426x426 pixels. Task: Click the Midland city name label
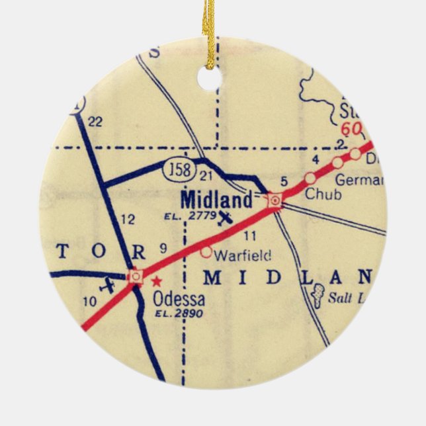point(216,199)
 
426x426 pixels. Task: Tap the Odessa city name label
point(179,300)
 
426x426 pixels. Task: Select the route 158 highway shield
point(179,170)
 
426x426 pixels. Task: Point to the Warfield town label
point(235,253)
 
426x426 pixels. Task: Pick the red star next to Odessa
point(156,280)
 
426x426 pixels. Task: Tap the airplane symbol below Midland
point(226,217)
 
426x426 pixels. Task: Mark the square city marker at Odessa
point(136,276)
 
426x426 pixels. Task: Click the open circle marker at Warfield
point(206,251)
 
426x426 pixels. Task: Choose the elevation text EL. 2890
point(179,314)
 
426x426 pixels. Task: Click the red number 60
point(350,129)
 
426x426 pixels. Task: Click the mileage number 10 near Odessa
point(91,303)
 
